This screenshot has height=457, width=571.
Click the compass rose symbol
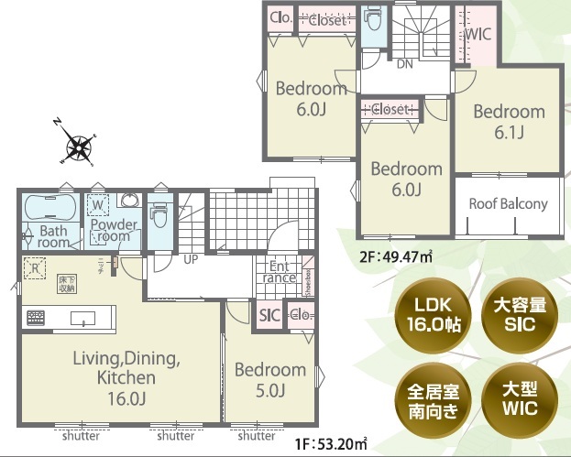point(79,144)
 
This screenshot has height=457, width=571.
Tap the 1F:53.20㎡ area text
point(331,445)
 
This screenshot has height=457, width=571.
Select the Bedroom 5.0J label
point(269,379)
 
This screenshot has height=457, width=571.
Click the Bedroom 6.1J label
point(509,121)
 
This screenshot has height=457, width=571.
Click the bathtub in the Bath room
point(51,205)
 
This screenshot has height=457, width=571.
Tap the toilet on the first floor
point(159,216)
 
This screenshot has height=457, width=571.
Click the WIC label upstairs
point(478,34)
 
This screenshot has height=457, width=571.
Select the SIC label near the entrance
point(269,315)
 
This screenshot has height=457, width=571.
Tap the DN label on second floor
point(403,65)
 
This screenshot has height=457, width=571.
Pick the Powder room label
point(114,230)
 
